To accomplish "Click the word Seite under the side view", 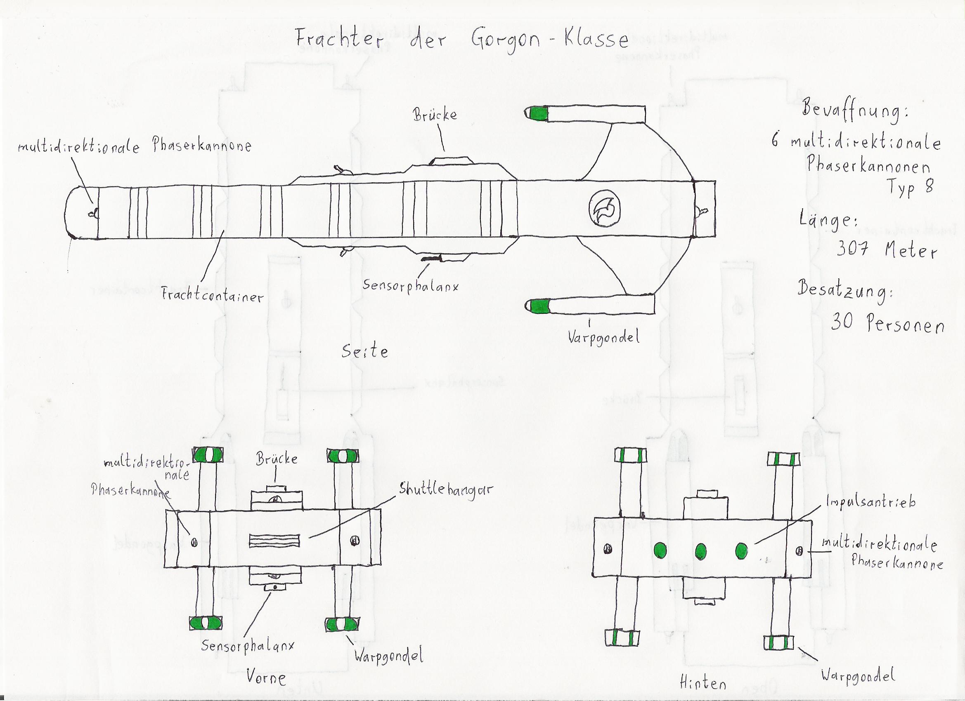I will (x=365, y=352).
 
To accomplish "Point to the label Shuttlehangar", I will (x=445, y=490).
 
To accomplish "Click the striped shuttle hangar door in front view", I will (x=274, y=541).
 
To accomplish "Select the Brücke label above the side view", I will (x=435, y=115).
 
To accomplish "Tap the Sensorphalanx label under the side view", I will (x=410, y=286).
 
